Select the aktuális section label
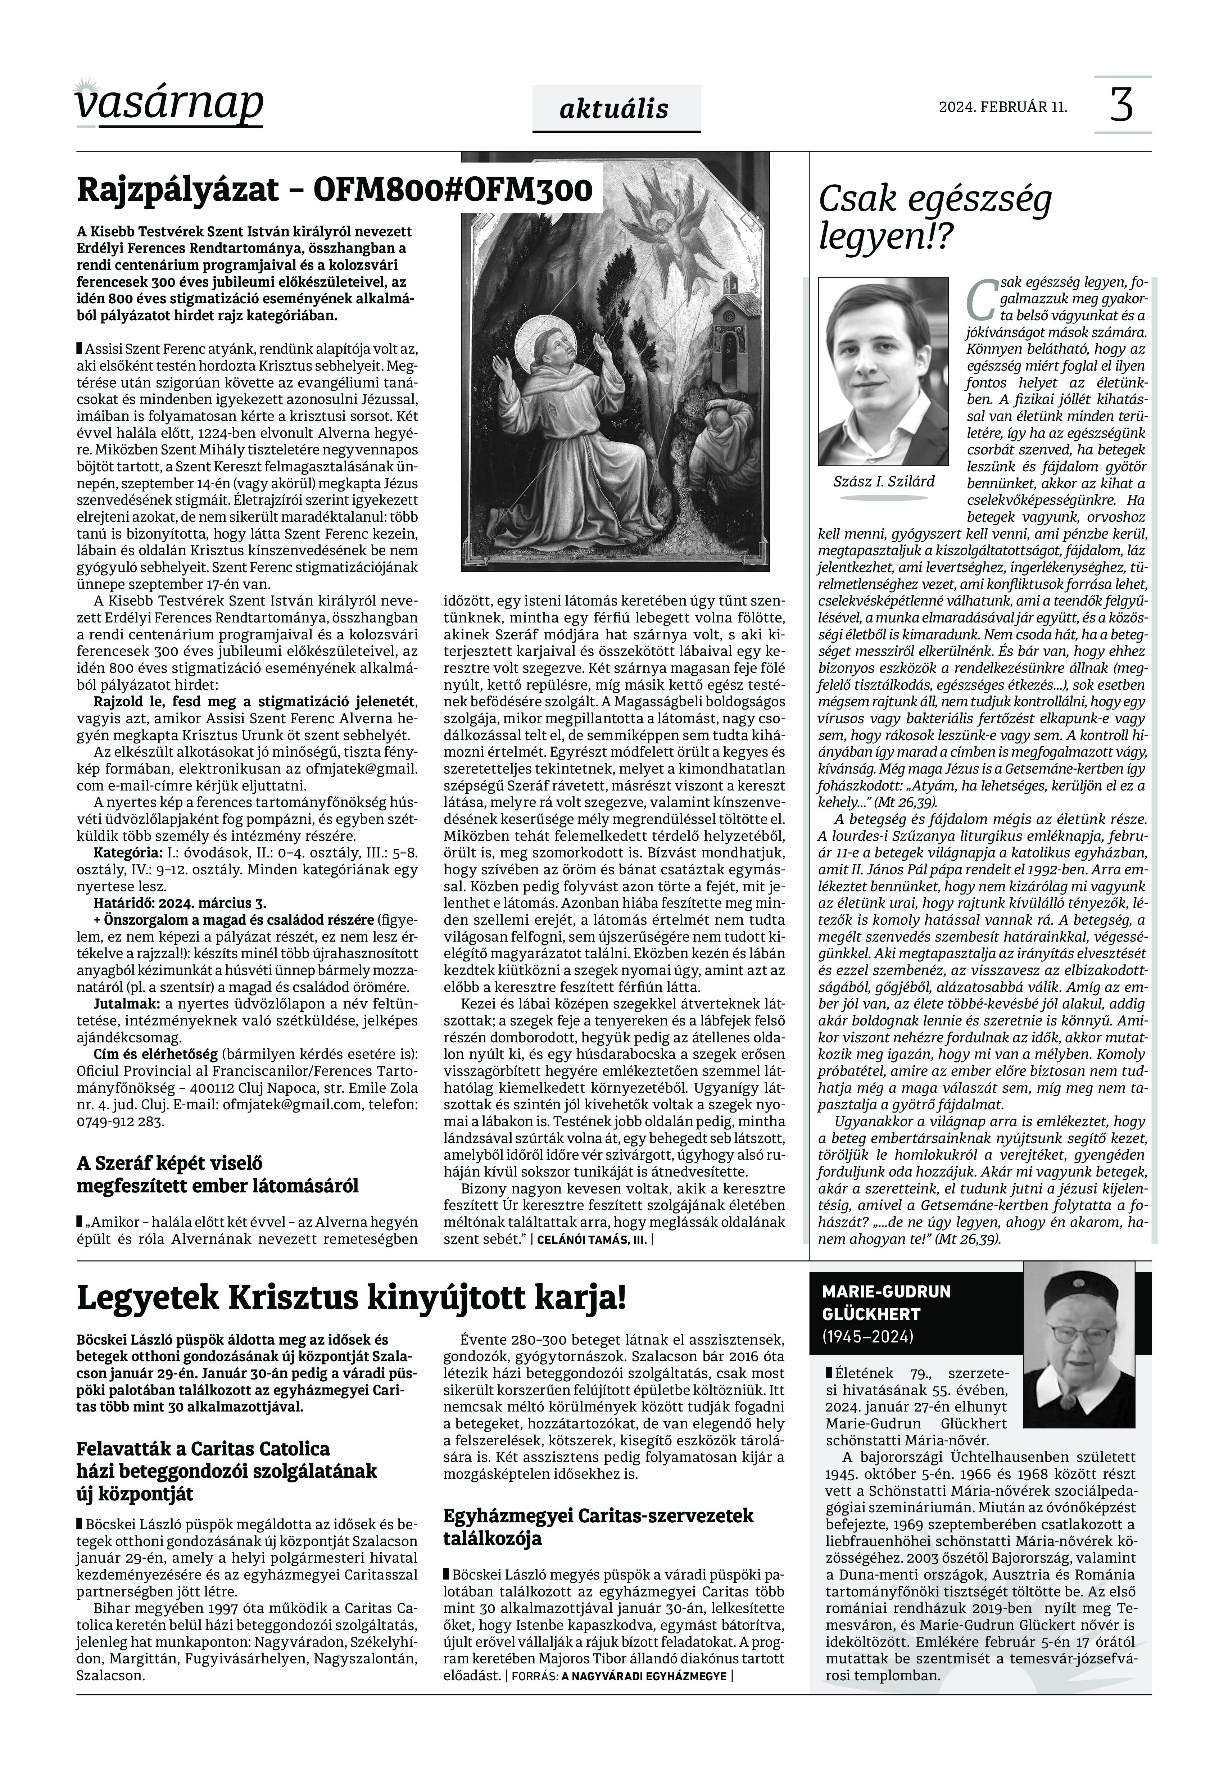tap(614, 109)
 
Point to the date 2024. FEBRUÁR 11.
tap(1002, 107)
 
